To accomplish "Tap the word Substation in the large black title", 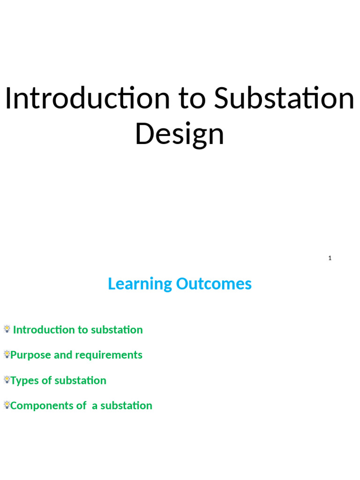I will pyautogui.click(x=284, y=99).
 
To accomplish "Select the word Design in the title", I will pyautogui.click(x=180, y=134).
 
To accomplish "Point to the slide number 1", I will pyautogui.click(x=330, y=258).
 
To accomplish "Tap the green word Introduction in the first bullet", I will pyautogui.click(x=44, y=330).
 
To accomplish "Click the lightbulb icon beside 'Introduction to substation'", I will pyautogui.click(x=7, y=329).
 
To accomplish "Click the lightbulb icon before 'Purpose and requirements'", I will pyautogui.click(x=7, y=354).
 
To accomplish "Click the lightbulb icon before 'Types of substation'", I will pyautogui.click(x=7, y=380).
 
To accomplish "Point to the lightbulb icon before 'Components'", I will pyautogui.click(x=7, y=405).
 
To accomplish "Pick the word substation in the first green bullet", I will pyautogui.click(x=117, y=330).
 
